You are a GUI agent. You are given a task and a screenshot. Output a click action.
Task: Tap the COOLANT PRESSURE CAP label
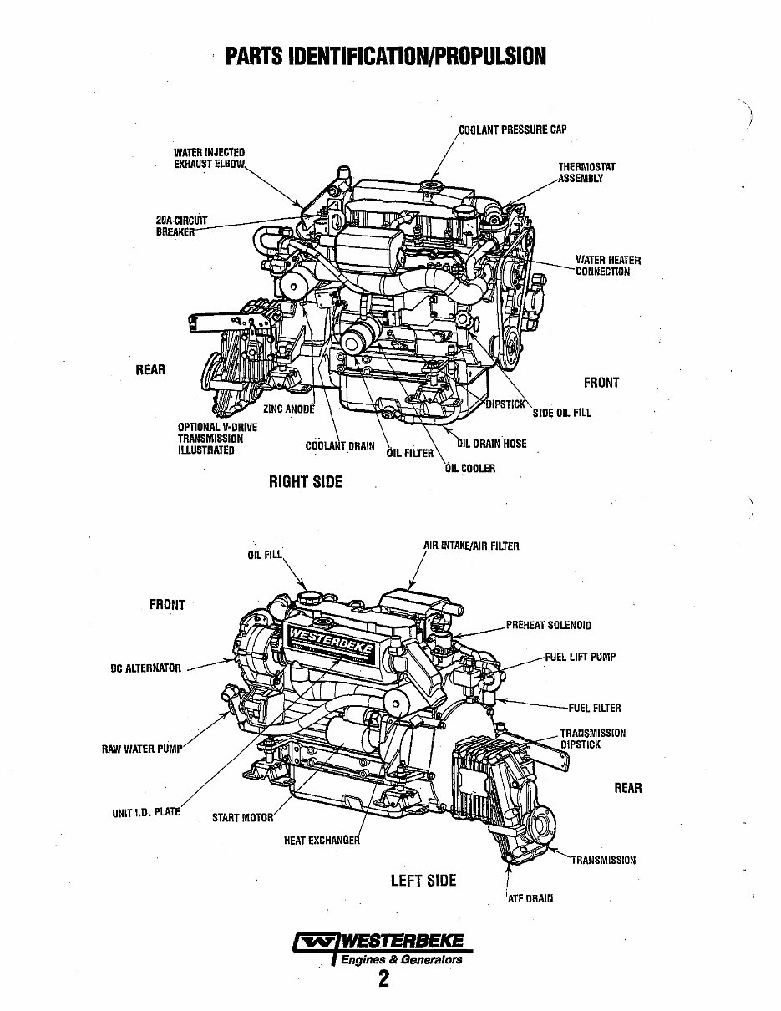coord(513,130)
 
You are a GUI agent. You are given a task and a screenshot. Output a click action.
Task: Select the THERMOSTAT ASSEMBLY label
coord(587,173)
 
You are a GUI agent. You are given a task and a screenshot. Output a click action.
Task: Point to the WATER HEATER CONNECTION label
coord(608,266)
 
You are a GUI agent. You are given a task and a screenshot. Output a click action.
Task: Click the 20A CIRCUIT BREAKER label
coord(181,226)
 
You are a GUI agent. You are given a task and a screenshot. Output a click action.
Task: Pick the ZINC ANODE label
coord(289,409)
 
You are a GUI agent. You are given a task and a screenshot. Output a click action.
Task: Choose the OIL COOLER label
coord(470,468)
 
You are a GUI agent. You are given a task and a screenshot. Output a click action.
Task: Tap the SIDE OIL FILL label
coord(561,413)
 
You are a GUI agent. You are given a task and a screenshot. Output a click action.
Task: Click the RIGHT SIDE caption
coord(305,482)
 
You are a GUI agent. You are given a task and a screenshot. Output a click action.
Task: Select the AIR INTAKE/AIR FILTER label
coord(471,546)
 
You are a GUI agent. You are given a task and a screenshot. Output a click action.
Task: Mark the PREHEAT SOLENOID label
coord(549,625)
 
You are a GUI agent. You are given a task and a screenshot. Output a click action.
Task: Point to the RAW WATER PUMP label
coord(140,749)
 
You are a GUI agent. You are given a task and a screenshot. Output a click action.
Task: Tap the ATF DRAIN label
coord(530,898)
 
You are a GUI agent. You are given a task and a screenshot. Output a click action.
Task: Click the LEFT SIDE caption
coord(423,880)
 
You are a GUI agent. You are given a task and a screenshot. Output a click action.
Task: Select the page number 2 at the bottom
coord(383,979)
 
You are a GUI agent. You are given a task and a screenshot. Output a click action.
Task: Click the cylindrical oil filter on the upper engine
coord(357,340)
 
